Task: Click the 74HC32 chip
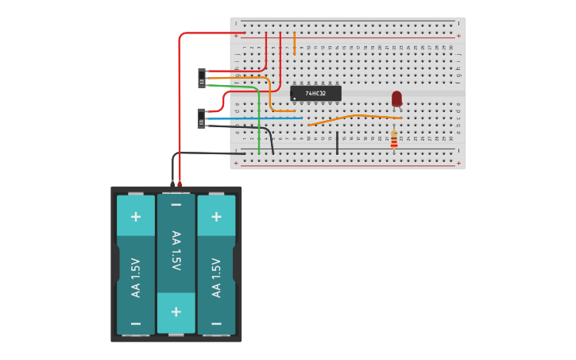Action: [x=316, y=93]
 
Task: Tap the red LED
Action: [x=396, y=99]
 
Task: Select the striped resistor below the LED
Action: [x=394, y=140]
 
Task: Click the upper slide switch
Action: [x=202, y=78]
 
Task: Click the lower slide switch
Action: [x=201, y=118]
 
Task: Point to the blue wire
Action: [x=254, y=118]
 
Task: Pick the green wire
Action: [x=259, y=119]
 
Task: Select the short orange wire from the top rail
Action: [x=295, y=43]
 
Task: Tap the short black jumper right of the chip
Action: [x=337, y=143]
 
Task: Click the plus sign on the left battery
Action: [x=136, y=216]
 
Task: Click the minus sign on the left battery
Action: [x=136, y=323]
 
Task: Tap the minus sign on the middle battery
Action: [x=176, y=205]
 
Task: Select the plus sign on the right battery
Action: [x=216, y=216]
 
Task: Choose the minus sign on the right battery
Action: [x=216, y=323]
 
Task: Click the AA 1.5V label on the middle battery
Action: [x=176, y=251]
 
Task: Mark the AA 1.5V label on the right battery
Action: [x=216, y=277]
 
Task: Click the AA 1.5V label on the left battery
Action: [x=136, y=277]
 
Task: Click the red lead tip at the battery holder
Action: [x=180, y=184]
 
